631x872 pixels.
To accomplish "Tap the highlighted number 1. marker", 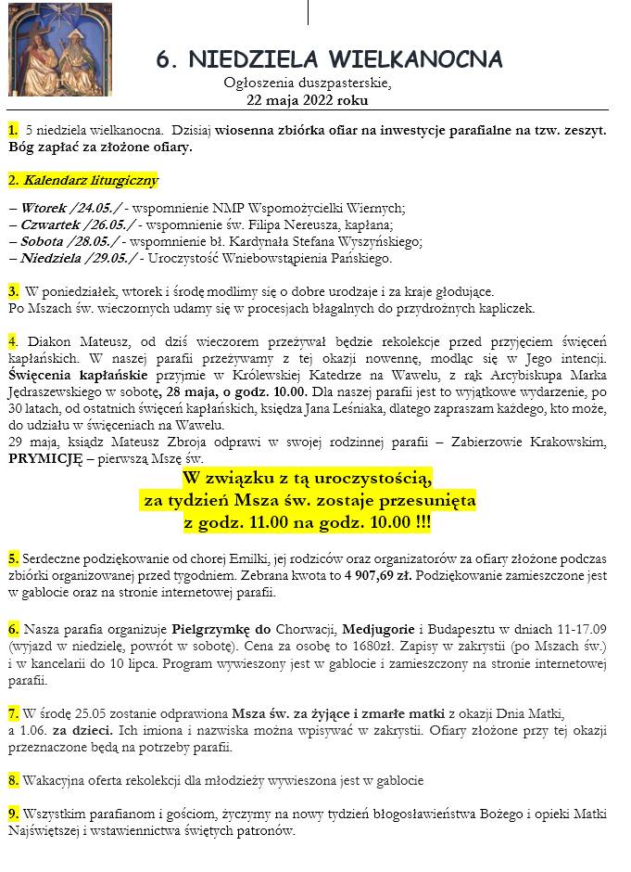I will [12, 131].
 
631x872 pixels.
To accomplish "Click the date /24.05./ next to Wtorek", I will [101, 208].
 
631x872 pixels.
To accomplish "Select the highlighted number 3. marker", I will [13, 291].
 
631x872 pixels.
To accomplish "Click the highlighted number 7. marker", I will [13, 713].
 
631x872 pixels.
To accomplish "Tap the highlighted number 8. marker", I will [13, 780].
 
